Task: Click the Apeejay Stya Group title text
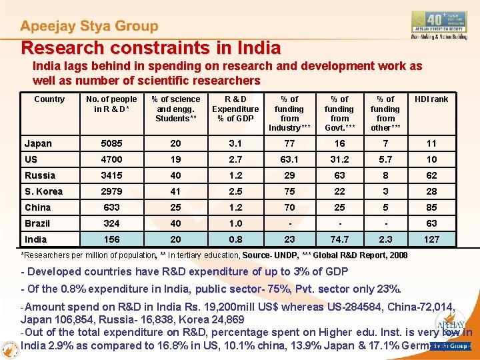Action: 89,27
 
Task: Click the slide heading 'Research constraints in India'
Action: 151,48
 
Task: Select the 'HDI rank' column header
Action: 431,99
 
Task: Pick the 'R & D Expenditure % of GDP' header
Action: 235,109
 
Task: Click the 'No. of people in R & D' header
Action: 111,104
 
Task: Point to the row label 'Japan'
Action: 38,143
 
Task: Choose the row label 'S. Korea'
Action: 43,191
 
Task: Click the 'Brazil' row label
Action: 37,223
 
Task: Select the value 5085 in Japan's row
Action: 111,143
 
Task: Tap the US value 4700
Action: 111,159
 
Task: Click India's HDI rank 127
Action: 431,239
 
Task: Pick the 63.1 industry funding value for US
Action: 289,159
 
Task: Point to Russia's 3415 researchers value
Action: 111,175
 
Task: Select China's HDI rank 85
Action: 431,207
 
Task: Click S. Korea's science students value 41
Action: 175,191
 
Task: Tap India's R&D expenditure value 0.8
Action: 235,239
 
